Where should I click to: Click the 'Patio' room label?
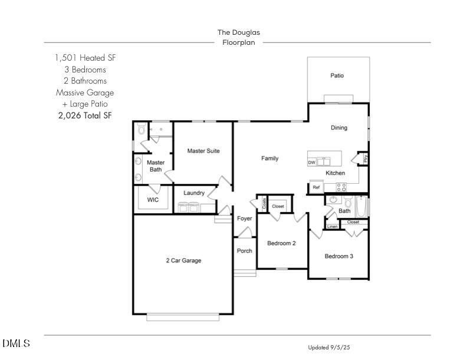(337, 75)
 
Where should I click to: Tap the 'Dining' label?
(338, 128)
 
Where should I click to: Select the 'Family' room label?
(270, 158)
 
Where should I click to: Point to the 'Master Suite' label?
(203, 151)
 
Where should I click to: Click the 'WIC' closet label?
(153, 200)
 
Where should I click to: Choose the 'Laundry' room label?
(194, 193)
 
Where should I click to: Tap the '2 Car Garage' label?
(183, 260)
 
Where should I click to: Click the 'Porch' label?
(244, 251)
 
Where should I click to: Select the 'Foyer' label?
(244, 219)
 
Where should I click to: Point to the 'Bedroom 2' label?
(281, 243)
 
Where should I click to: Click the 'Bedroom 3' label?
(339, 256)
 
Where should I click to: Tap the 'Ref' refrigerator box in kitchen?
(316, 188)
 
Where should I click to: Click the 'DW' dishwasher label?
(311, 162)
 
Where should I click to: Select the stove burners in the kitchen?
(341, 187)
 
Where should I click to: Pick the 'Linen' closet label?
(333, 227)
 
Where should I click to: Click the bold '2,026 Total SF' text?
(84, 115)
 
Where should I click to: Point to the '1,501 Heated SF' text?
(84, 58)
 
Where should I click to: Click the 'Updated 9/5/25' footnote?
(328, 348)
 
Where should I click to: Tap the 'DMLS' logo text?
(16, 344)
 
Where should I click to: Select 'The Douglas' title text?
(238, 32)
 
